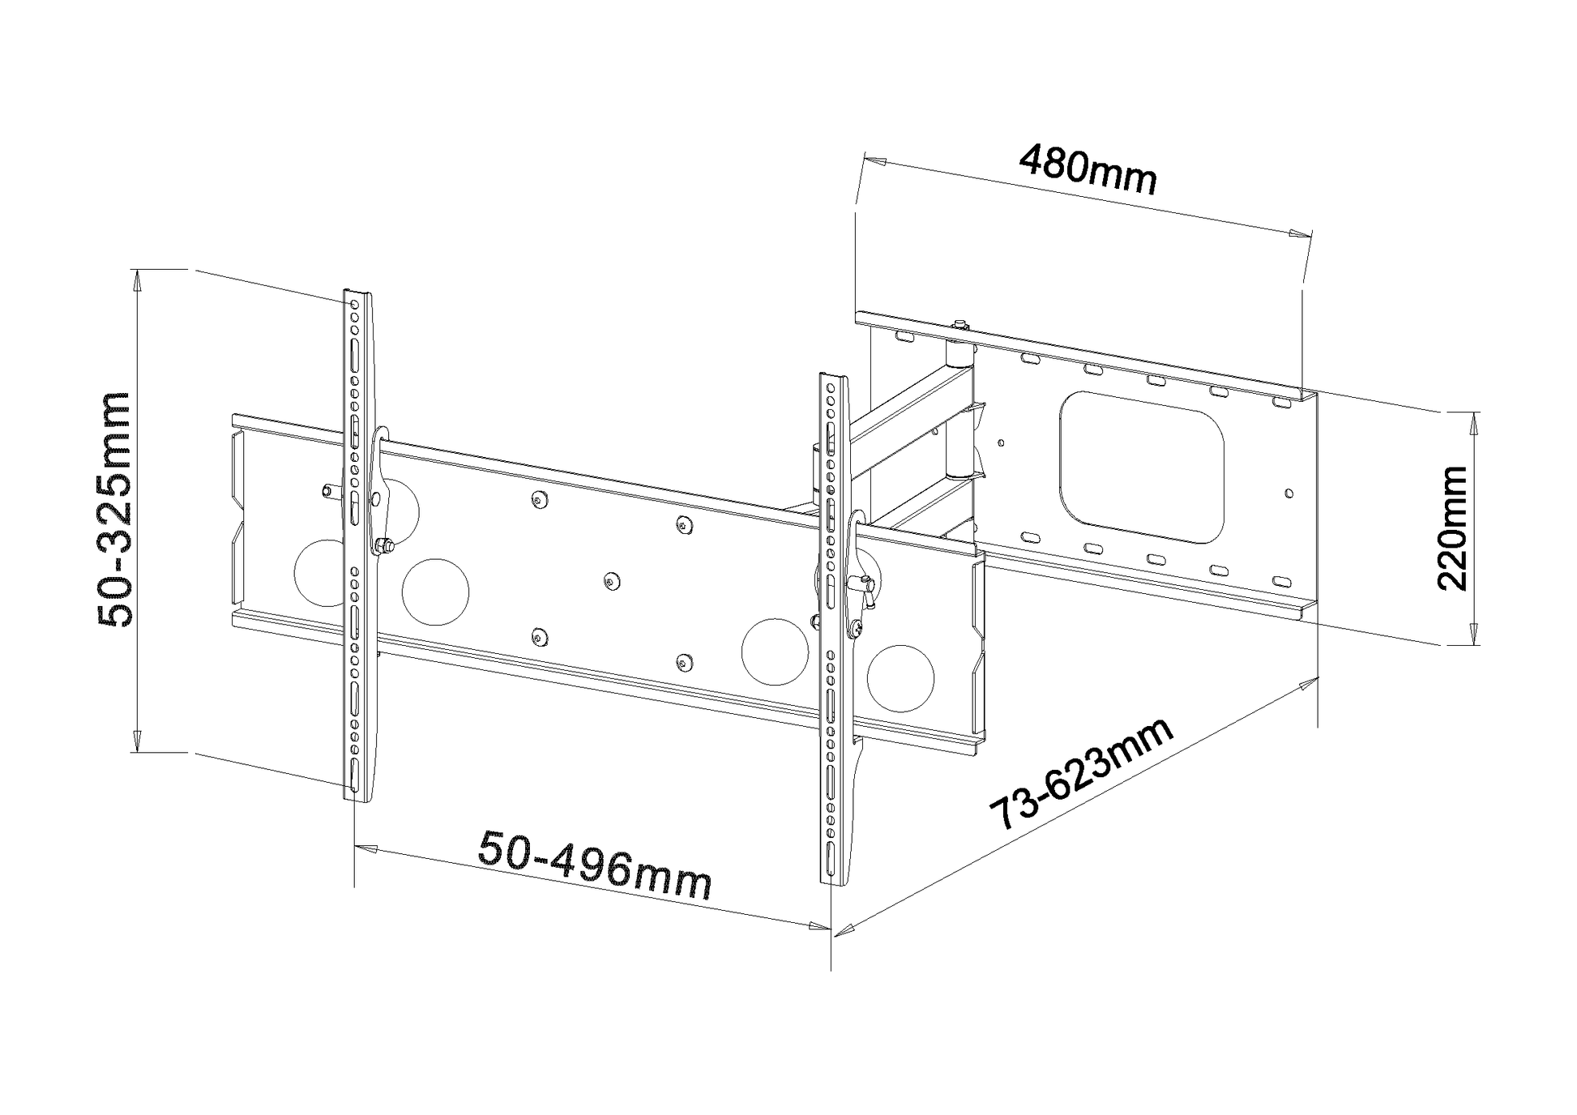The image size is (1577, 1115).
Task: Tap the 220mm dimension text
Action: [1451, 528]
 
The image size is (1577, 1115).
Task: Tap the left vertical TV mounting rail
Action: [357, 543]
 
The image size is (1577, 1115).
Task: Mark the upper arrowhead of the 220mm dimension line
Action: [1474, 421]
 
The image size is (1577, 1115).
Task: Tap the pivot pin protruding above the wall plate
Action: [960, 326]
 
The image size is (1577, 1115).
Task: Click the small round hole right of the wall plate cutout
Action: [1289, 492]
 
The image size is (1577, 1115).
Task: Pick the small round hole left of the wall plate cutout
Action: [1002, 443]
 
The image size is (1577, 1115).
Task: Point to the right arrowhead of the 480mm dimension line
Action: [1300, 234]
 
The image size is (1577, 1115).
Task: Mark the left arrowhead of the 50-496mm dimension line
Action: [366, 849]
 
